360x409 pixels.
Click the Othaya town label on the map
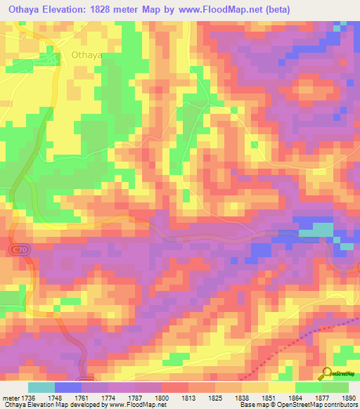pos(87,54)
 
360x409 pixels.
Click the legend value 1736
pos(29,397)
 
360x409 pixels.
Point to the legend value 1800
pos(162,397)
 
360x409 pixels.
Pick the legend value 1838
pos(241,397)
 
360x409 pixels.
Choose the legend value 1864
pos(295,397)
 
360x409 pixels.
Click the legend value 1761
pos(82,397)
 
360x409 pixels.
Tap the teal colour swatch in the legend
pos(41,387)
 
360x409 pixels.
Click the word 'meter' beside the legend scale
pos(9,397)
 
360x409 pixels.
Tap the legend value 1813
pos(188,397)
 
